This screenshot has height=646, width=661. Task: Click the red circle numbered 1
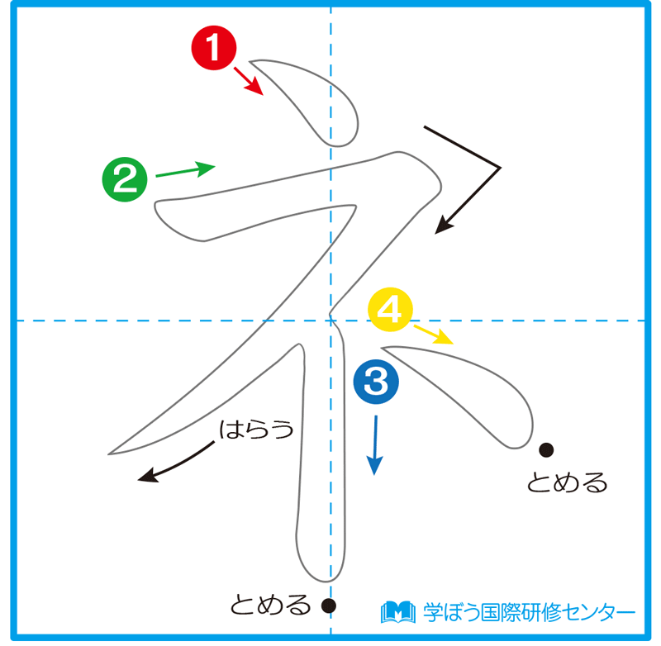pos(213,48)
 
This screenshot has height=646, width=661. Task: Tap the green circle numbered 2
pos(124,179)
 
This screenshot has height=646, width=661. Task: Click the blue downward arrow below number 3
pos(376,444)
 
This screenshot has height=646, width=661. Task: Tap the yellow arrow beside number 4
pos(433,334)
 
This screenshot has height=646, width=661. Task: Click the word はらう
pos(257,429)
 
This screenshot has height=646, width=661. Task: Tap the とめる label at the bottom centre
pos(269,606)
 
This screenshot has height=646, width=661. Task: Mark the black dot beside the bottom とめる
pos(329,606)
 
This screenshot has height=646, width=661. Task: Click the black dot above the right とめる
pos(546,449)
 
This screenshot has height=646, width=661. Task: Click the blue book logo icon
pos(397,611)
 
